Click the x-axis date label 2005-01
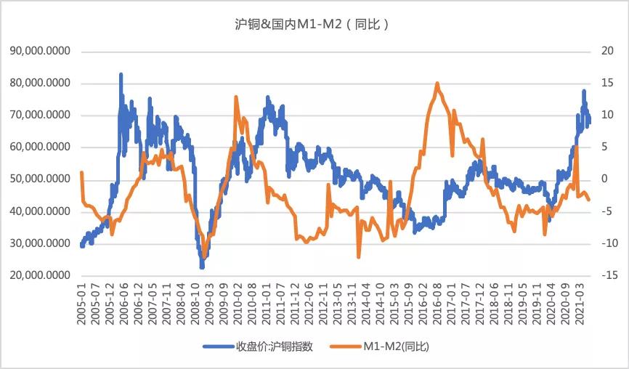(x=82, y=305)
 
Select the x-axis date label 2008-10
(x=198, y=305)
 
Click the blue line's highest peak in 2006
(x=121, y=74)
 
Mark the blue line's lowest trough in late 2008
(x=202, y=267)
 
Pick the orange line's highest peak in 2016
(x=437, y=84)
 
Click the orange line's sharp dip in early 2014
(x=359, y=256)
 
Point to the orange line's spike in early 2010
(x=235, y=97)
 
